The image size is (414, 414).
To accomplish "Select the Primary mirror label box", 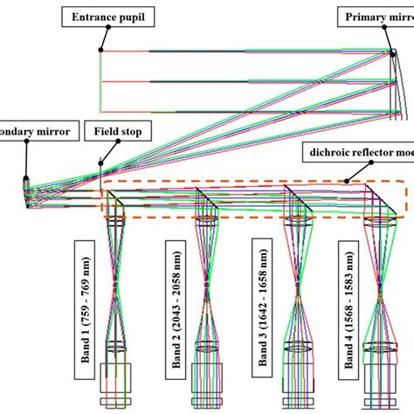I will tap(376, 15).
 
